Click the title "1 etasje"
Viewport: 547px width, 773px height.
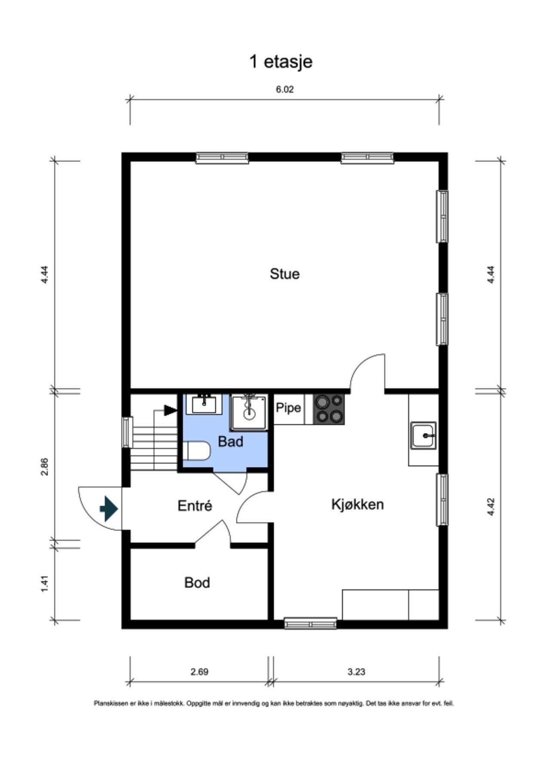coord(281,62)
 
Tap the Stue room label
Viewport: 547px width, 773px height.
coord(284,274)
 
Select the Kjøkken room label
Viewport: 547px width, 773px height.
coord(357,504)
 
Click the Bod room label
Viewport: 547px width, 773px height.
coord(197,582)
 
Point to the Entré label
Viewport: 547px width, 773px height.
coord(195,505)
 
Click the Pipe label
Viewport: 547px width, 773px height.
coord(288,407)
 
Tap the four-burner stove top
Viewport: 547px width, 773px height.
coord(329,409)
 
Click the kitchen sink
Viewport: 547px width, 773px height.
coord(423,435)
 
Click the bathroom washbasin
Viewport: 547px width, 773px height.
coord(204,404)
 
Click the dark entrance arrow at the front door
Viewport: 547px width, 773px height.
coord(109,509)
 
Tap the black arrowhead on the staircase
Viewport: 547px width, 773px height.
coord(171,410)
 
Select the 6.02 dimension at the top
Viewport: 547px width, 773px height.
coord(285,89)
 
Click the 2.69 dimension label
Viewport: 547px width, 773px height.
coord(200,671)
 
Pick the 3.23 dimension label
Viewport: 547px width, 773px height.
coord(356,671)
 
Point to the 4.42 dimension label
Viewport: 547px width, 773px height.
coord(491,507)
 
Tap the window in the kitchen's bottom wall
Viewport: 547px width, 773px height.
coord(310,623)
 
